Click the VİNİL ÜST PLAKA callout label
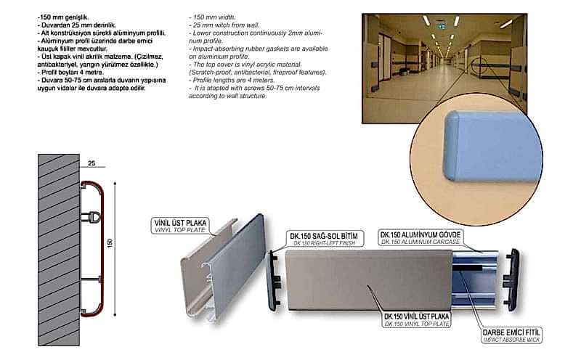coord(180,226)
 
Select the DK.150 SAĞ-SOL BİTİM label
coord(324,239)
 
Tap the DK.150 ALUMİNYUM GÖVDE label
coord(420,237)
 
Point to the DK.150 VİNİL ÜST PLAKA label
coord(416,319)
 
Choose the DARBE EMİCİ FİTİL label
coord(511,335)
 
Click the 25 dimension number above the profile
coord(92,163)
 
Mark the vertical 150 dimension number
coord(110,243)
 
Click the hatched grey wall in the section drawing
coord(59,250)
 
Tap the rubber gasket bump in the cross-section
coord(91,216)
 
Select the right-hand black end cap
coord(511,279)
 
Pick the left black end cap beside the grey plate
coord(275,280)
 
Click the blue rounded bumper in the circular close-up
coord(492,146)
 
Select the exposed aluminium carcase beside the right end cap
coord(475,279)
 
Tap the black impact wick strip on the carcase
coord(468,267)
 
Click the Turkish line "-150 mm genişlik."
coord(63,17)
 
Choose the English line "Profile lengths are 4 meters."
coord(232,80)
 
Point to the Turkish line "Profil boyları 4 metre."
coord(70,73)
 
